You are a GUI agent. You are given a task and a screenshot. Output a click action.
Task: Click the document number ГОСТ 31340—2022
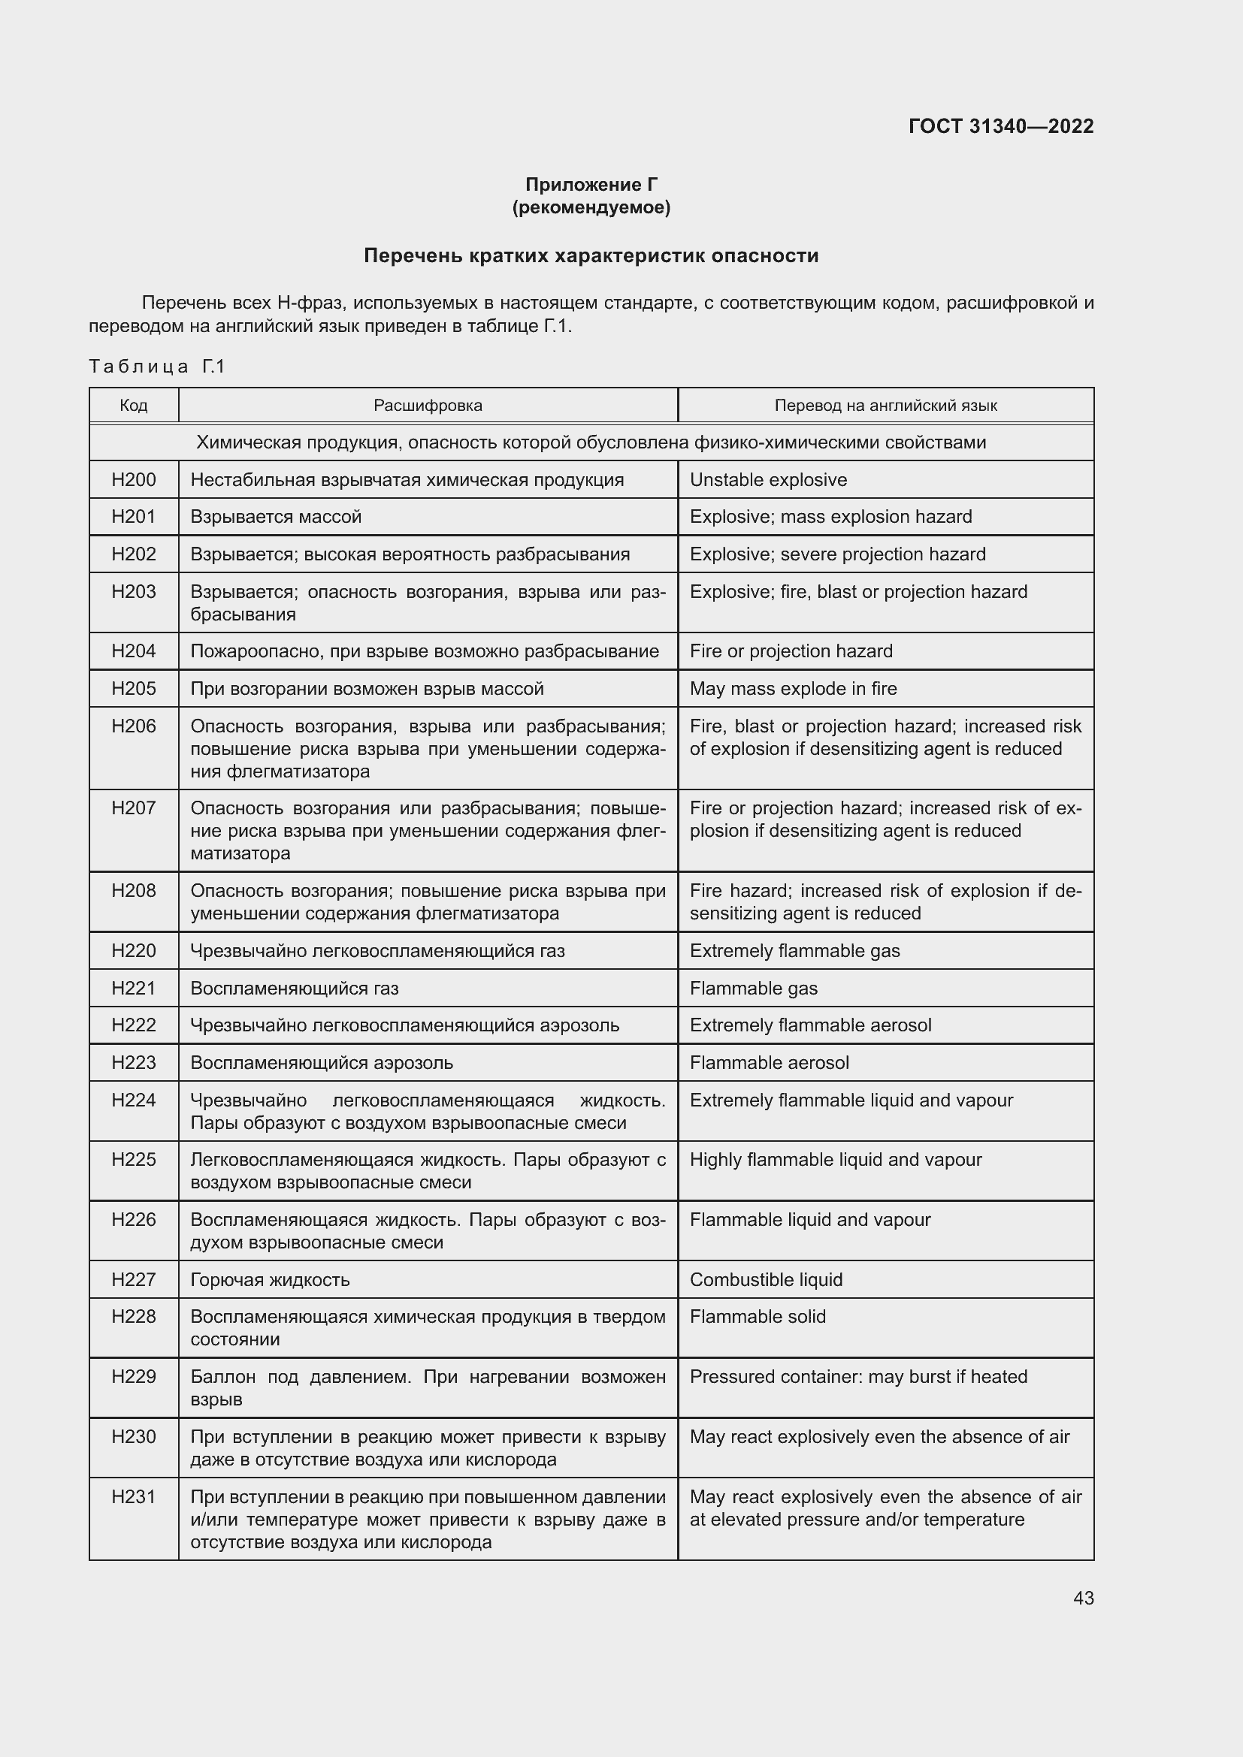(1000, 126)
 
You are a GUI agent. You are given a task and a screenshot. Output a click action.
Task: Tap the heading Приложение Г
(591, 185)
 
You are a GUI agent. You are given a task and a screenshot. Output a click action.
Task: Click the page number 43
(1083, 1598)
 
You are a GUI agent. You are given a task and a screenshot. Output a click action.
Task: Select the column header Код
(133, 405)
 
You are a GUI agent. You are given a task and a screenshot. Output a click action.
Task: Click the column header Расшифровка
(428, 405)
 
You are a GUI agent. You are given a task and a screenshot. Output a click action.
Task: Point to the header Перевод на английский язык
(885, 405)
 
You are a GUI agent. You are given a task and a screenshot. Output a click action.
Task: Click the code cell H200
(133, 480)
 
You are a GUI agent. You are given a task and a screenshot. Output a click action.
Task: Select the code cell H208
(133, 891)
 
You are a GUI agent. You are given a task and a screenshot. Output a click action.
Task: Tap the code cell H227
(133, 1279)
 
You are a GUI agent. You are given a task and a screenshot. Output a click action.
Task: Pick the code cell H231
(133, 1497)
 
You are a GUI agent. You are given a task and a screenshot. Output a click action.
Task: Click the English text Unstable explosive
(768, 480)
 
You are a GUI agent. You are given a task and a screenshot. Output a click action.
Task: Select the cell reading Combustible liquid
(765, 1279)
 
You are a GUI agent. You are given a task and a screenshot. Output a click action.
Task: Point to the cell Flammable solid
(757, 1316)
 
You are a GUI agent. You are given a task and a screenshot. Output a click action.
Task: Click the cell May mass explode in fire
(792, 689)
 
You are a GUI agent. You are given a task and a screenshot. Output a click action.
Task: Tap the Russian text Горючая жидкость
(270, 1279)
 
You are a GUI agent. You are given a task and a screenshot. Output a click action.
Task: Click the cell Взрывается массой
(276, 517)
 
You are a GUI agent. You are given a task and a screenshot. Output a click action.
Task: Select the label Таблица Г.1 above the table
(157, 367)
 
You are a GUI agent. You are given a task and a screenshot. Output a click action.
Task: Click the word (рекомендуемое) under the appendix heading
(591, 207)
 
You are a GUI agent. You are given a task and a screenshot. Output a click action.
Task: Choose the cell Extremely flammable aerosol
(810, 1025)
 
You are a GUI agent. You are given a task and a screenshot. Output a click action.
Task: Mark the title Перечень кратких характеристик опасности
(591, 255)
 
